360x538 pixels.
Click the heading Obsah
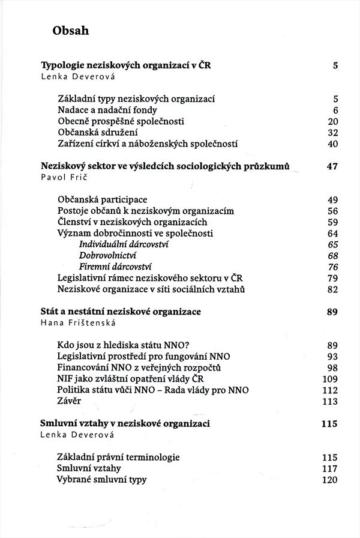(x=71, y=31)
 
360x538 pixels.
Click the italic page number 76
(x=333, y=267)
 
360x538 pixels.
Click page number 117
(x=330, y=468)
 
